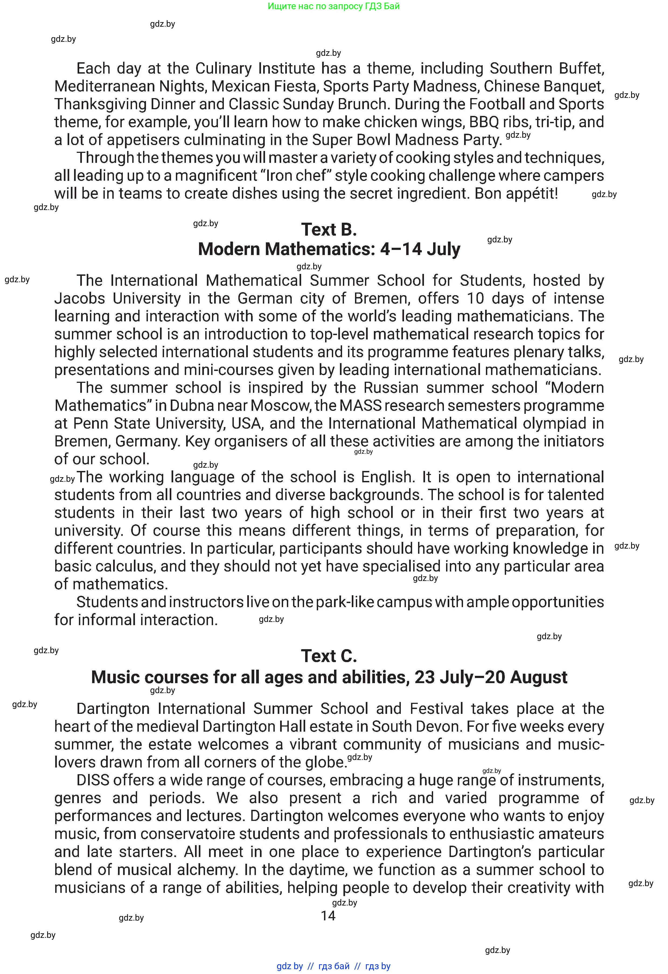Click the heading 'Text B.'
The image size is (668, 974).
(329, 230)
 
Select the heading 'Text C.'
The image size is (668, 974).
(329, 656)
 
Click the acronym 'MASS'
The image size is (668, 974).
(361, 406)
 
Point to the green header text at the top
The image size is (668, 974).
(333, 6)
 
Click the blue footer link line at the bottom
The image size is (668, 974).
(333, 966)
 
